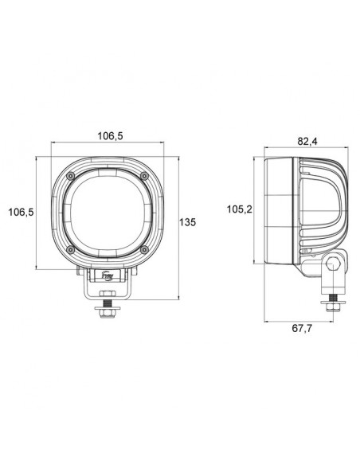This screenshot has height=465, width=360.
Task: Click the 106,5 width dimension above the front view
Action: [x=109, y=136]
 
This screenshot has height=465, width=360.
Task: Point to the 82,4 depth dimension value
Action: [x=307, y=142]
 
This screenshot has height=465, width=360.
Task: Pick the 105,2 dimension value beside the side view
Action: [x=239, y=209]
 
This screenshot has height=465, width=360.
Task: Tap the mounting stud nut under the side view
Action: [x=333, y=306]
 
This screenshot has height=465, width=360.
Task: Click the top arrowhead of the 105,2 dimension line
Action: [x=255, y=158]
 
